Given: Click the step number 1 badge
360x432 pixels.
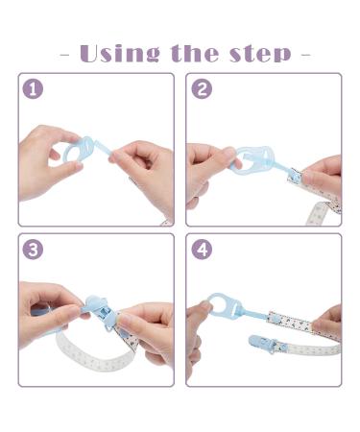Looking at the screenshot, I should (34, 89).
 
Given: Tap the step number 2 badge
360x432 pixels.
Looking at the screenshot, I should (203, 89).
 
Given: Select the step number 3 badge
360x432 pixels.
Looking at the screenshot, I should (34, 250).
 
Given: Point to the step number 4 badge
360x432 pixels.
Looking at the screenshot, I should (203, 250).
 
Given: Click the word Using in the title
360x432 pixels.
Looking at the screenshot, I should (119, 53).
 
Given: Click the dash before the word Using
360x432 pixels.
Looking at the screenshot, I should (64, 54).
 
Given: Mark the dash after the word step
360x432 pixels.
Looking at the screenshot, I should (305, 54).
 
